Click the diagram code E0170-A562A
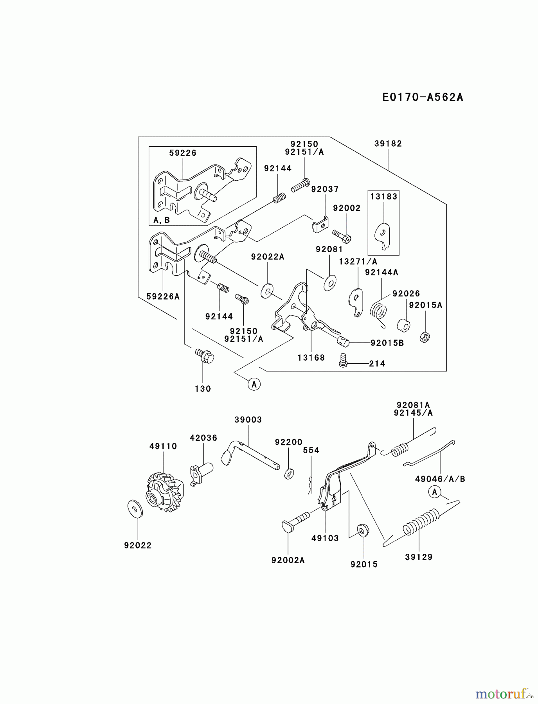(423, 97)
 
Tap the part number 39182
(388, 144)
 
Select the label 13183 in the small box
(383, 196)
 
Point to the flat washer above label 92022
(135, 508)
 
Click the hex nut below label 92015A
(425, 337)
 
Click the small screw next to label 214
(343, 360)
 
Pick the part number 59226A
(163, 296)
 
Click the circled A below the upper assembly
(254, 384)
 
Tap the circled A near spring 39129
(434, 492)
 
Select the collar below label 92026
(403, 325)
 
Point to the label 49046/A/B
(440, 479)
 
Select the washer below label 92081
(330, 282)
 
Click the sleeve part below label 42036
(201, 471)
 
